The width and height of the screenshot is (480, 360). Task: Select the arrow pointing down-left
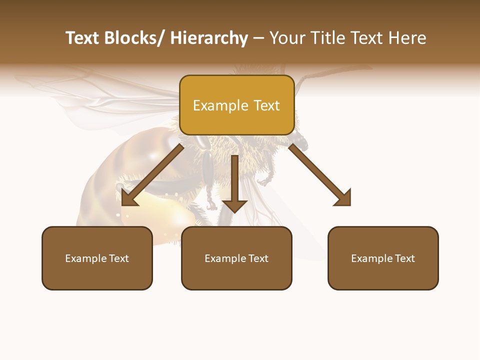(x=152, y=175)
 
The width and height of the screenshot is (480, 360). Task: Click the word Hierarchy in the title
(x=209, y=38)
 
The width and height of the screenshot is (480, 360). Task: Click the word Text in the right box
(x=404, y=258)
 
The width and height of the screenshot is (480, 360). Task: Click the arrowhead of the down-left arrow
(x=128, y=198)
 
